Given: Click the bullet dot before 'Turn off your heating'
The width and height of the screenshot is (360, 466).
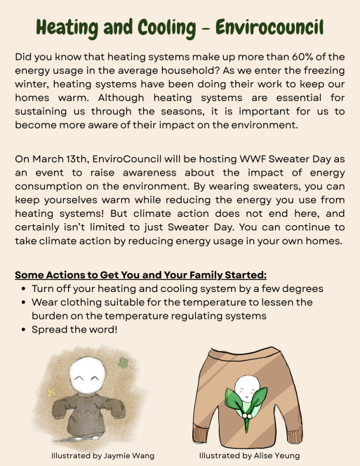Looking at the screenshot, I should [x=24, y=288].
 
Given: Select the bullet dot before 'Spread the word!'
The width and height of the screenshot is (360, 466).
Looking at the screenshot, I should [x=24, y=328].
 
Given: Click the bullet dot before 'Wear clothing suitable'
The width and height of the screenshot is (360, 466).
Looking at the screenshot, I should [x=24, y=302].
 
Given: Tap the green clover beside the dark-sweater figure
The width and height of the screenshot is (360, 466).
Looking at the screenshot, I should [x=123, y=364].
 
